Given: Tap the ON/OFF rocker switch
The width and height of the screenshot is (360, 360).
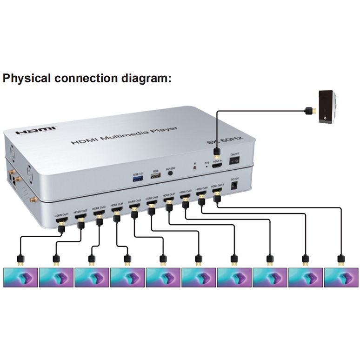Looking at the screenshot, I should pyautogui.click(x=235, y=160).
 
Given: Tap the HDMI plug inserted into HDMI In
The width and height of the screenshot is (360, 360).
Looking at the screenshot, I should pyautogui.click(x=216, y=154).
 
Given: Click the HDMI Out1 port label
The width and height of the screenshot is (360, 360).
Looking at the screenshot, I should pyautogui.click(x=62, y=215).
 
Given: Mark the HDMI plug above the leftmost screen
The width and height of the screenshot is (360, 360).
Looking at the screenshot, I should pyautogui.click(x=20, y=259).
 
